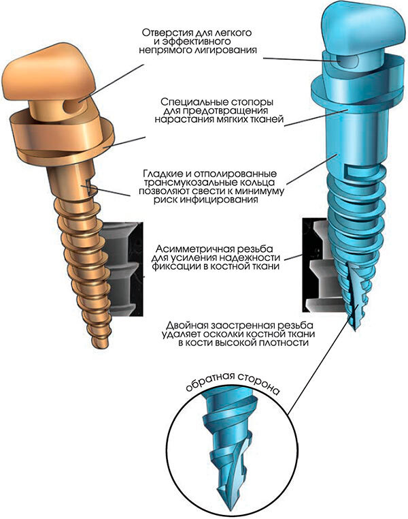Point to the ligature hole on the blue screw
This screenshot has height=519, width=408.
(x=347, y=61)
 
